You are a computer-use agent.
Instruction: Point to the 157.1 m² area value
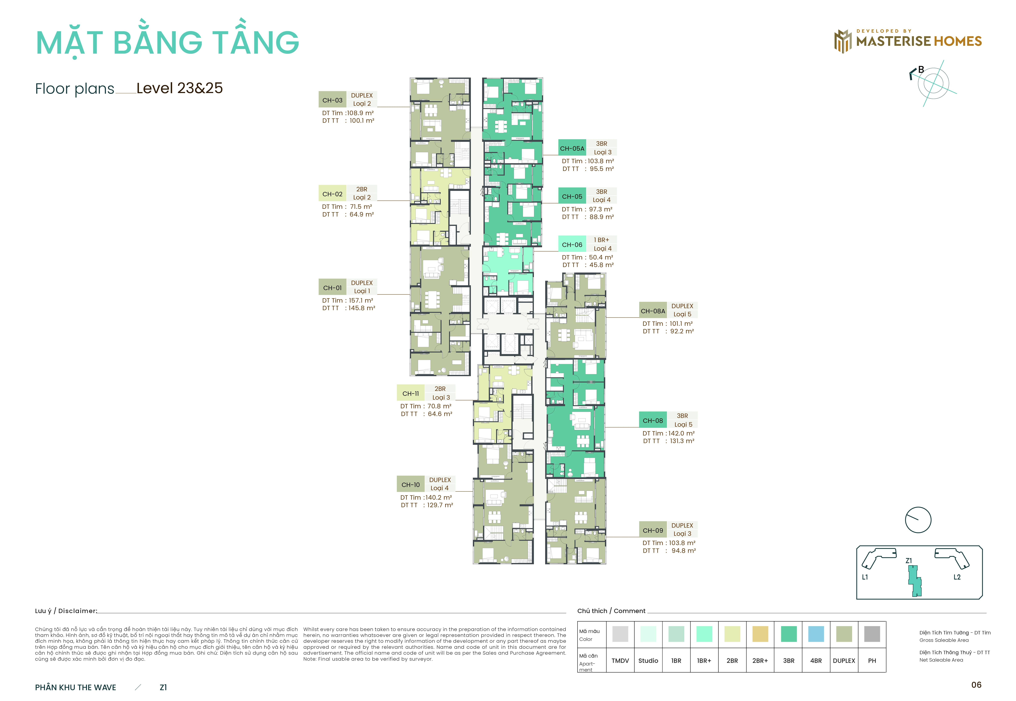click(x=361, y=300)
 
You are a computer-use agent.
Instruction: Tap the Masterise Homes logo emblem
click(x=843, y=41)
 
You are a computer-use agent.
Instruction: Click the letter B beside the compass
click(x=921, y=69)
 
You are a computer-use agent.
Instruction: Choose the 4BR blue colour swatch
click(x=816, y=634)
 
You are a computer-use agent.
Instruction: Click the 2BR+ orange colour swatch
click(x=760, y=634)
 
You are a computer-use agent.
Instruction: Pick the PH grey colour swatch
click(x=872, y=634)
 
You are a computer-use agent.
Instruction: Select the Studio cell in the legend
click(x=648, y=661)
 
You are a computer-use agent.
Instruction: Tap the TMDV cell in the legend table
click(x=620, y=661)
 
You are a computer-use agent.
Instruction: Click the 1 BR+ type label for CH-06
click(x=602, y=240)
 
